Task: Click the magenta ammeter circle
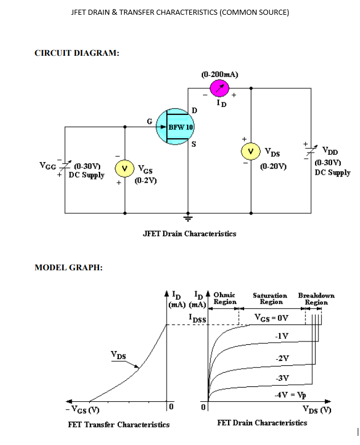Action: pyautogui.click(x=219, y=88)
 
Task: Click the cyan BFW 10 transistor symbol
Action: pyautogui.click(x=175, y=126)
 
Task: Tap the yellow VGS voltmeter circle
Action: pyautogui.click(x=125, y=168)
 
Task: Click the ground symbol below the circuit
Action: pyautogui.click(x=188, y=217)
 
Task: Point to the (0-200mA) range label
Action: pyautogui.click(x=220, y=75)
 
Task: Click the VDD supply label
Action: pyautogui.click(x=329, y=151)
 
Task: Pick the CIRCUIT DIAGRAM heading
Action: pyautogui.click(x=77, y=53)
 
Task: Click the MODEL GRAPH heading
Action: pyautogui.click(x=68, y=267)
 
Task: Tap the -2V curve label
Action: pyautogui.click(x=282, y=357)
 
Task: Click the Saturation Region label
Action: pyautogui.click(x=270, y=299)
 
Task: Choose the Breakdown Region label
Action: pyautogui.click(x=316, y=299)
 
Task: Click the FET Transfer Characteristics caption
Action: pyautogui.click(x=118, y=425)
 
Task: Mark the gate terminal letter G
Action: pyautogui.click(x=149, y=121)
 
